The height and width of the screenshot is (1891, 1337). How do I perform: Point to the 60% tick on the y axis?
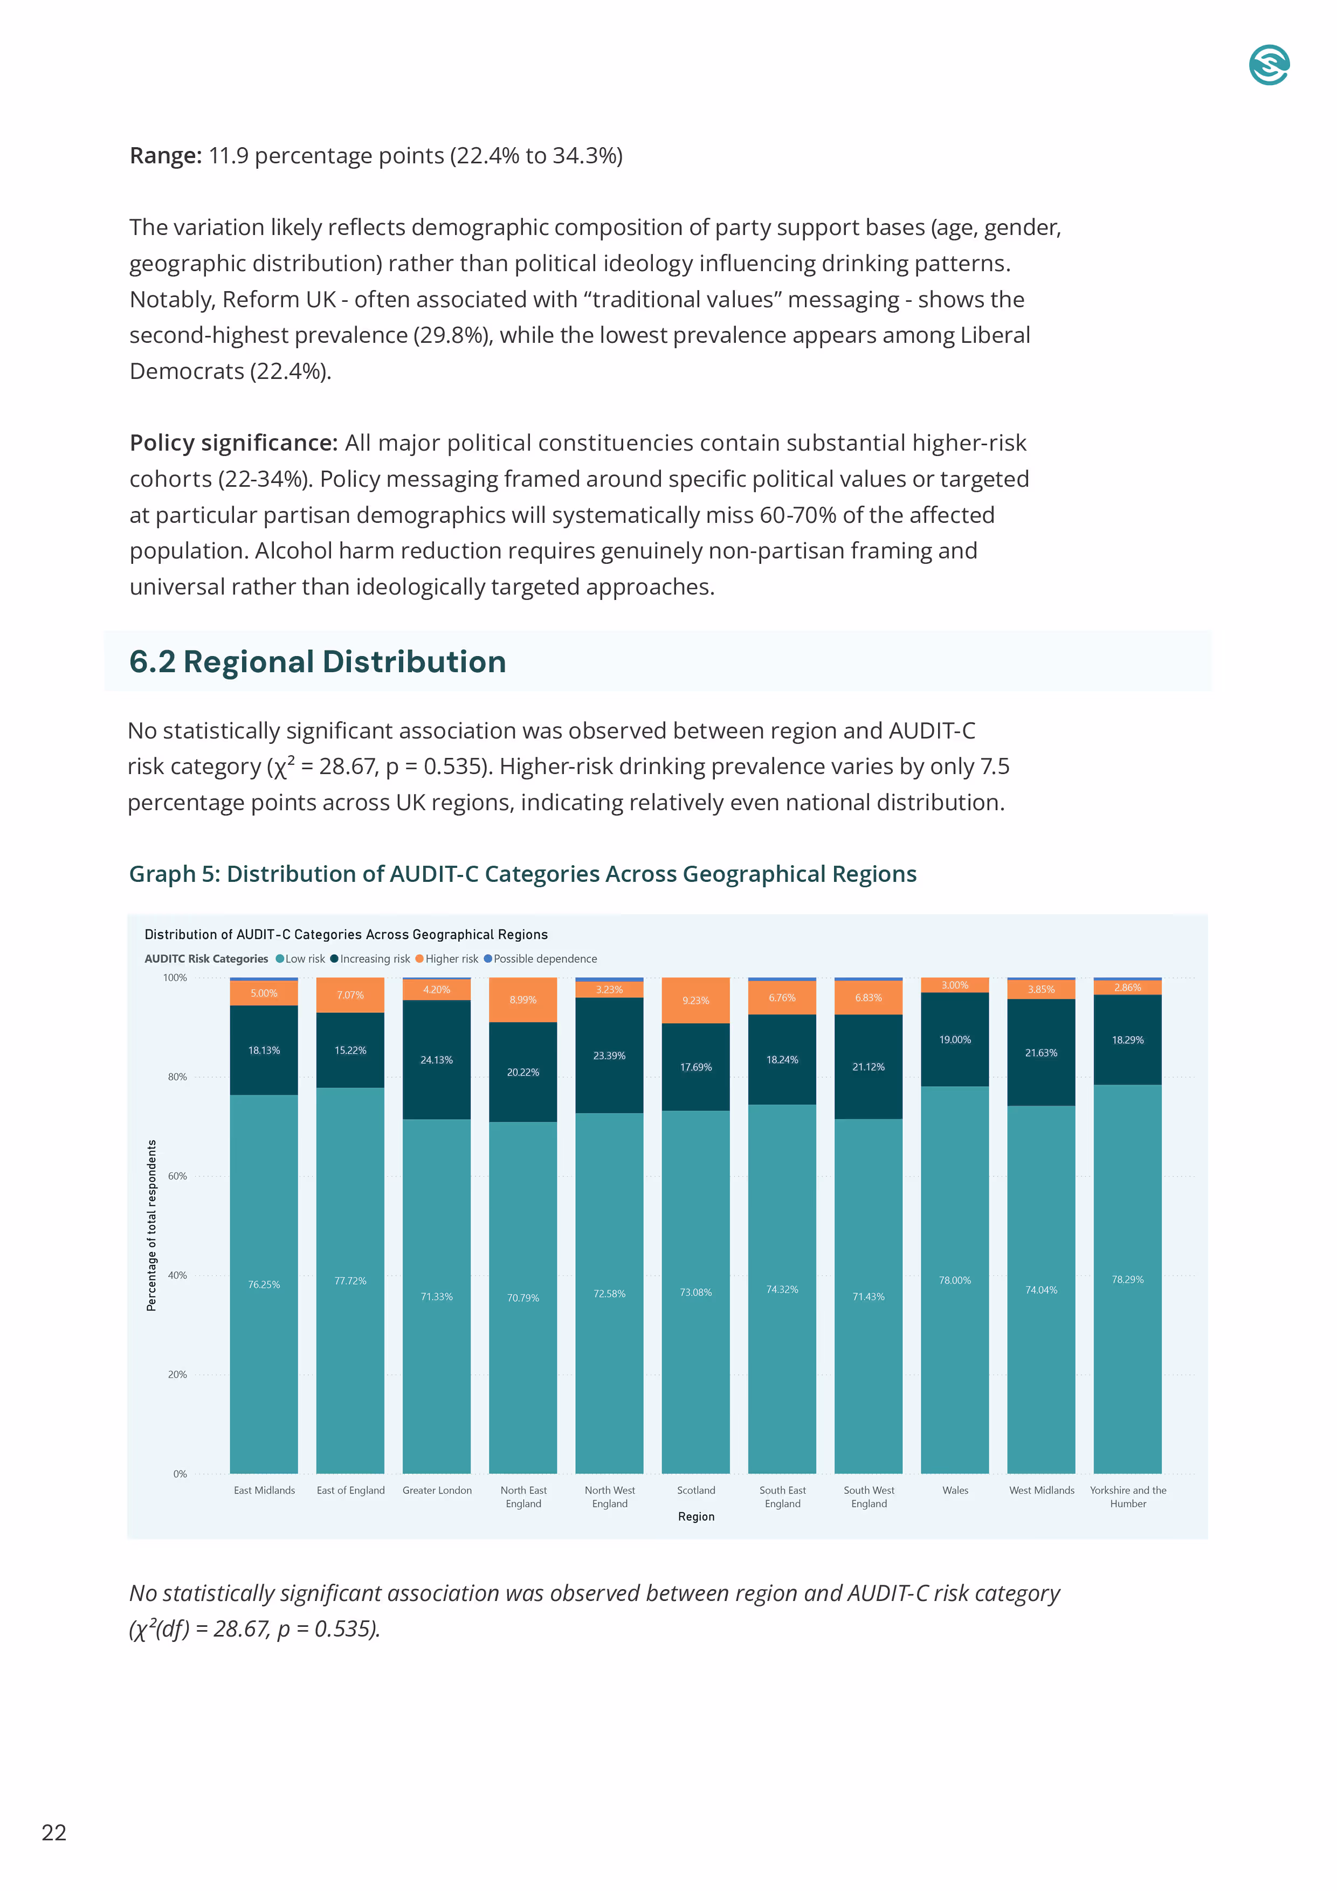(177, 1176)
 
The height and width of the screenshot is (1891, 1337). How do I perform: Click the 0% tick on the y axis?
(180, 1473)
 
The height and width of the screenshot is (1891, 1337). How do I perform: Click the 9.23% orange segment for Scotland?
(695, 1000)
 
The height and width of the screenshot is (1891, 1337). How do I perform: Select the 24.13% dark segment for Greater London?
(437, 1060)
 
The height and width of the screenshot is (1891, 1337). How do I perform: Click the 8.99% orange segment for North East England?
(522, 1000)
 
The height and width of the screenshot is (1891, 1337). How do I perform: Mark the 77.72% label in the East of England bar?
(350, 1281)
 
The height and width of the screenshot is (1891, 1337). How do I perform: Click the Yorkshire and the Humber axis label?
(1128, 1496)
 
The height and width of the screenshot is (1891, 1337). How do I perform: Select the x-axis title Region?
(696, 1516)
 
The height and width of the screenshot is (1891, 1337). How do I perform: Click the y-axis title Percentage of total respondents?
(151, 1225)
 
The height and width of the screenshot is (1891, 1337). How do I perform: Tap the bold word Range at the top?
(165, 156)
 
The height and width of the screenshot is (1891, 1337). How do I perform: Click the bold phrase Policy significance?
(233, 443)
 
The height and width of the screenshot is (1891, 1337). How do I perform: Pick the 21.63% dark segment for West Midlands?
(1041, 1053)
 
